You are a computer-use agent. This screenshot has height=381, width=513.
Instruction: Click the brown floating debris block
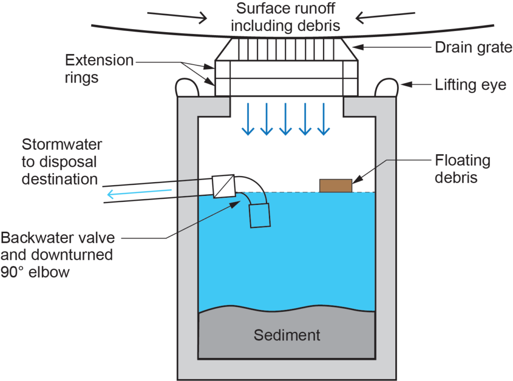[x=336, y=185]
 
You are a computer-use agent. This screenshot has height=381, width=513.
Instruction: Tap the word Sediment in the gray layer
[x=287, y=334]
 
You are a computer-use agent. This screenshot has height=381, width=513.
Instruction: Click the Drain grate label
[x=473, y=48]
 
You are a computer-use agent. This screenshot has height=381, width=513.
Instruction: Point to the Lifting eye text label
[x=470, y=85]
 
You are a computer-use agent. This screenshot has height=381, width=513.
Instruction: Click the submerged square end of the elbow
[x=260, y=215]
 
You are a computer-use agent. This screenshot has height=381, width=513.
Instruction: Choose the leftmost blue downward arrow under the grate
[x=247, y=120]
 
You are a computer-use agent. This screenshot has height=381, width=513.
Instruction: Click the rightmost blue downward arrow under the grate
[x=324, y=120]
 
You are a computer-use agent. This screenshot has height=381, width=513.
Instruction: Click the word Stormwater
[x=62, y=145]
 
